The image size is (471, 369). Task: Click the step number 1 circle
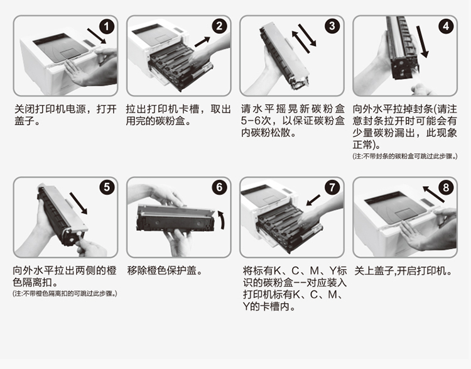coord(107,26)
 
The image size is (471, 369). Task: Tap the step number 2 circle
coord(220,26)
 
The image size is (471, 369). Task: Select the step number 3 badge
coord(332,26)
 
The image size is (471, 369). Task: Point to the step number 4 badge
coord(445,26)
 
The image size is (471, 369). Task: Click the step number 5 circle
coord(107,187)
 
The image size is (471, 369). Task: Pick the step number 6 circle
coord(220,187)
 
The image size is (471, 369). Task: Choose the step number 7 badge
coord(332,187)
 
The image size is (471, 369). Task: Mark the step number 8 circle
coord(445,187)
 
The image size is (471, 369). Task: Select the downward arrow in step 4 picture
coord(425,46)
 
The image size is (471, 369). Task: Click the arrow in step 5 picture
coord(79,203)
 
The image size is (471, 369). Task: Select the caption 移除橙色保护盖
coord(165,271)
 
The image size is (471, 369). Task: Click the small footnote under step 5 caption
coord(65,294)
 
